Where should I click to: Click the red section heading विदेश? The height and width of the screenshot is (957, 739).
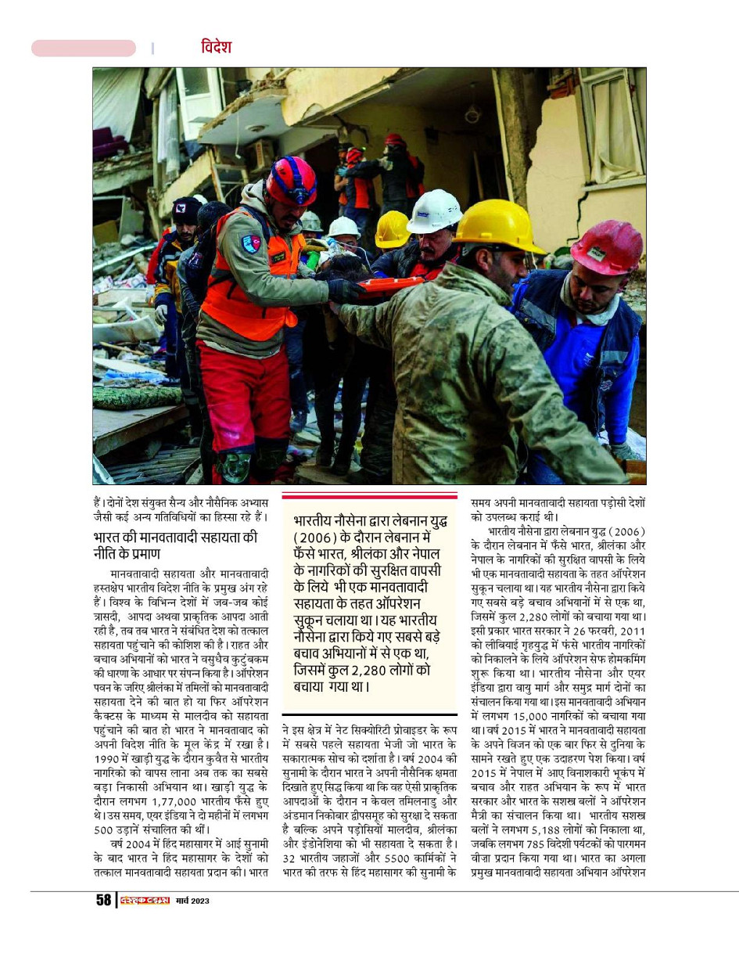coord(215,47)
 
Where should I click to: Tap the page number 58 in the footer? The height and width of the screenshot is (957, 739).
coord(103,900)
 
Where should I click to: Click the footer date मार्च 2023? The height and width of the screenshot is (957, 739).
coord(192,901)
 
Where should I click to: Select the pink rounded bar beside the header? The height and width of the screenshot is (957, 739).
coord(84,49)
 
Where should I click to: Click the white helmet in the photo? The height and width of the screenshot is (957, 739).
coord(435,210)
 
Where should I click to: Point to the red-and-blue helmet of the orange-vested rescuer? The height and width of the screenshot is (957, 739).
coord(290,181)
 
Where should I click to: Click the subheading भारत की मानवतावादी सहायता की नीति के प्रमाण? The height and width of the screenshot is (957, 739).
coord(185,545)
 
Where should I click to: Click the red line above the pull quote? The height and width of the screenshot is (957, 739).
coord(369,496)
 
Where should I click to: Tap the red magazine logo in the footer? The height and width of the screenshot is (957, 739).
coord(145,900)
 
